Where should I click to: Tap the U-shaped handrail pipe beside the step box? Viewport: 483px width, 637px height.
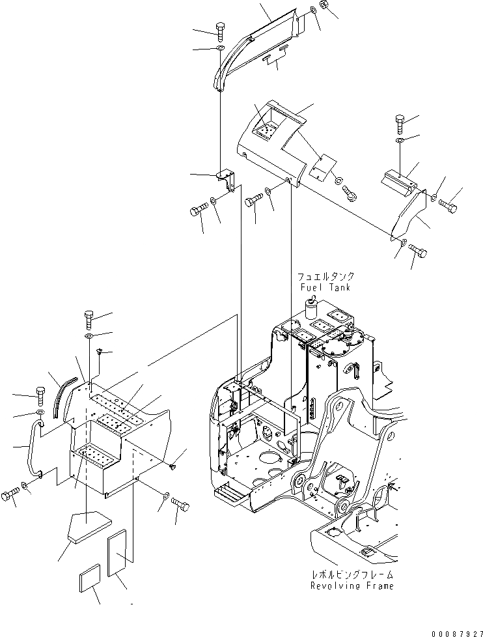(x=31, y=449)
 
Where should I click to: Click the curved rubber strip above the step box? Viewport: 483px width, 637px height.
(x=65, y=394)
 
